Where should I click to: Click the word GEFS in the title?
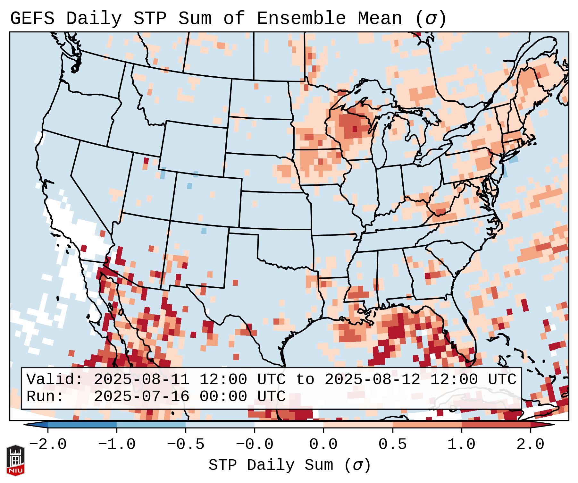(32, 19)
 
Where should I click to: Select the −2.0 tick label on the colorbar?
(48, 445)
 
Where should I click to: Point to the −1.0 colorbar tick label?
(117, 445)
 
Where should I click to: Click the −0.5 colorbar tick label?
(186, 445)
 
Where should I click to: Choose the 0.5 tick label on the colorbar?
(392, 445)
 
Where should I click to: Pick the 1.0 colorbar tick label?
(461, 445)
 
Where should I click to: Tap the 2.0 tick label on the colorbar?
(530, 445)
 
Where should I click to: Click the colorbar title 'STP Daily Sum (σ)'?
(289, 465)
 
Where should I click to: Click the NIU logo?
(15, 460)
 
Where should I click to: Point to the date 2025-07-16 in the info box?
(141, 397)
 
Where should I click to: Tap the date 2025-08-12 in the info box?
(372, 380)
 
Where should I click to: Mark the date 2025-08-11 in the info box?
(141, 380)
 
